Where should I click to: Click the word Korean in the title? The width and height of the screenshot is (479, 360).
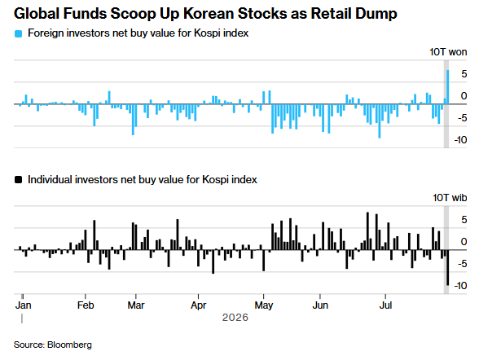[209, 13]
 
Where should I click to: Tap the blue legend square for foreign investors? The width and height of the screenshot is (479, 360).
[18, 33]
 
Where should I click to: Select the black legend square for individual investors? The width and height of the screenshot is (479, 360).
[18, 180]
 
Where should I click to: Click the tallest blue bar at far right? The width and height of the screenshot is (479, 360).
[448, 87]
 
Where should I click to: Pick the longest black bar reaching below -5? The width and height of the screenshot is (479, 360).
[448, 267]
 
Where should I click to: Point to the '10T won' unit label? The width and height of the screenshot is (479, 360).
[448, 52]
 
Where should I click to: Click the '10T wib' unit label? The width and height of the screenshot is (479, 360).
[450, 198]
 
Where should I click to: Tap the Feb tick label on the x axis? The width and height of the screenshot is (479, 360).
[86, 305]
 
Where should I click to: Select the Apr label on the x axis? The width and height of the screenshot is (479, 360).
[199, 305]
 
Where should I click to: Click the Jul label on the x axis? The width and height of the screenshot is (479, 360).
[385, 305]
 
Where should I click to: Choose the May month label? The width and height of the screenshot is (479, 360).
[264, 305]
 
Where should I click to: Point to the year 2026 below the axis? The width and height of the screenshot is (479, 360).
[235, 318]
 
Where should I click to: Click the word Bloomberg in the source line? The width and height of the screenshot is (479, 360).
[69, 345]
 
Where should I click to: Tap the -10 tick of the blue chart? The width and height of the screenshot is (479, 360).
[460, 140]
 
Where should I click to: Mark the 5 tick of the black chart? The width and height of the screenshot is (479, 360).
[464, 220]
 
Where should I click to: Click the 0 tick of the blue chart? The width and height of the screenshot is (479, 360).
[464, 96]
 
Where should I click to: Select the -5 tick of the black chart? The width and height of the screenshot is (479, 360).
[462, 264]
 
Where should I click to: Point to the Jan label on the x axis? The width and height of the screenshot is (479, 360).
[23, 305]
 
